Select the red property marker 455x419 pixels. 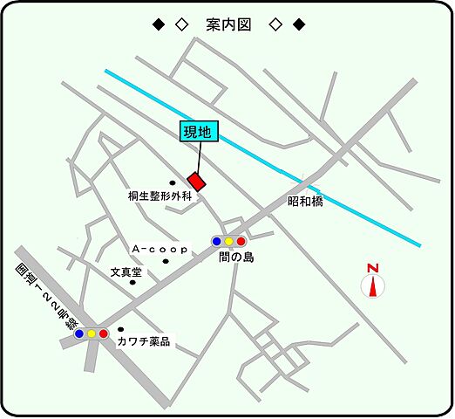coord(197,182)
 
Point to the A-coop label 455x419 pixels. coord(154,250)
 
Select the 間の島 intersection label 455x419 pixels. coord(235,258)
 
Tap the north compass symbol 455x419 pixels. coord(373,282)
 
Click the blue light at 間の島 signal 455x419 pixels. coord(216,241)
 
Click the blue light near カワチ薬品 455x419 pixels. coord(79,333)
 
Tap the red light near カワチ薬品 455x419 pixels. coord(103,333)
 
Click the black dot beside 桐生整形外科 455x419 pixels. coord(173,182)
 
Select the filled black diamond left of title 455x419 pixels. coord(158,24)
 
